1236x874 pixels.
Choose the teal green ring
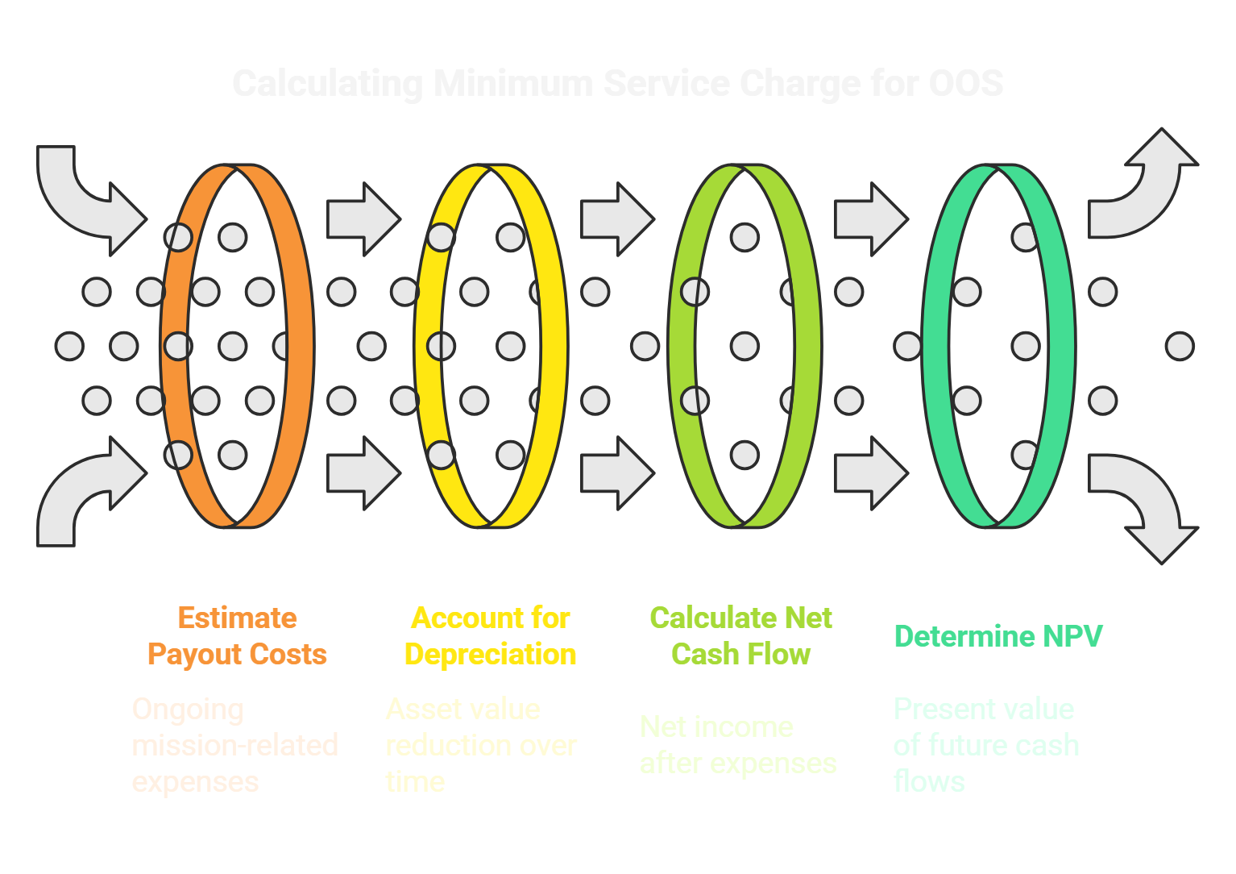click(1062, 347)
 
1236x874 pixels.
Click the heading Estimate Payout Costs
click(237, 636)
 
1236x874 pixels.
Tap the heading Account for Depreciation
click(491, 636)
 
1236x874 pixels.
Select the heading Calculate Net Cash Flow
click(740, 636)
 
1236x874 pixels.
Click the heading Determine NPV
click(998, 636)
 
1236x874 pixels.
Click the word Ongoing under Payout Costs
click(187, 710)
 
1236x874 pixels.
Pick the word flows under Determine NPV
click(928, 781)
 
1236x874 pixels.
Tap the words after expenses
click(738, 763)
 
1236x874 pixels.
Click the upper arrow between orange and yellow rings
click(363, 218)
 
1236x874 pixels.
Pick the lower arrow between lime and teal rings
click(870, 473)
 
